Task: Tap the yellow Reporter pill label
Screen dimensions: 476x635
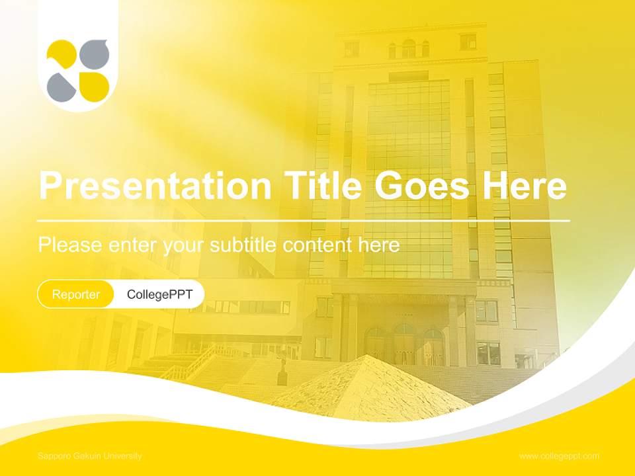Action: [x=76, y=294]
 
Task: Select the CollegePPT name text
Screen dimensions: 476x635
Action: [x=159, y=294]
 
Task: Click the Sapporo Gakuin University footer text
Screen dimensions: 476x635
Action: [x=90, y=456]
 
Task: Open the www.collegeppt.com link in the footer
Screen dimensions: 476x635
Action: [x=559, y=456]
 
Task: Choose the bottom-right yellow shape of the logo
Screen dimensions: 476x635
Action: [x=94, y=86]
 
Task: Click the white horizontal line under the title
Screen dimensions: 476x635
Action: [x=304, y=219]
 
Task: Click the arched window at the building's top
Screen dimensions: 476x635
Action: [x=409, y=48]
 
